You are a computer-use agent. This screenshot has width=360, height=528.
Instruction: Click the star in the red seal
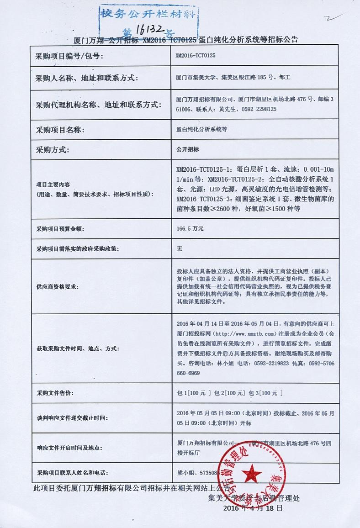click(250, 472)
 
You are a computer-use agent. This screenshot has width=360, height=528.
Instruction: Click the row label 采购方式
click(52, 149)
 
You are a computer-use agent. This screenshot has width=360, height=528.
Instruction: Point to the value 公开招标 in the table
click(187, 149)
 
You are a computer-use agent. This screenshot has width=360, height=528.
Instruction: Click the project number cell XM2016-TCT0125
click(195, 55)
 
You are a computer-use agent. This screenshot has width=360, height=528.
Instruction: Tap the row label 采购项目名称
click(60, 130)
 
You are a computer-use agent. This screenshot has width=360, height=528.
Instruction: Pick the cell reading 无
click(179, 249)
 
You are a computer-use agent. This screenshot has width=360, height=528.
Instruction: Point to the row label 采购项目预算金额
click(60, 228)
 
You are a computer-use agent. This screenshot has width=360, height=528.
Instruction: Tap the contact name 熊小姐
click(185, 473)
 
